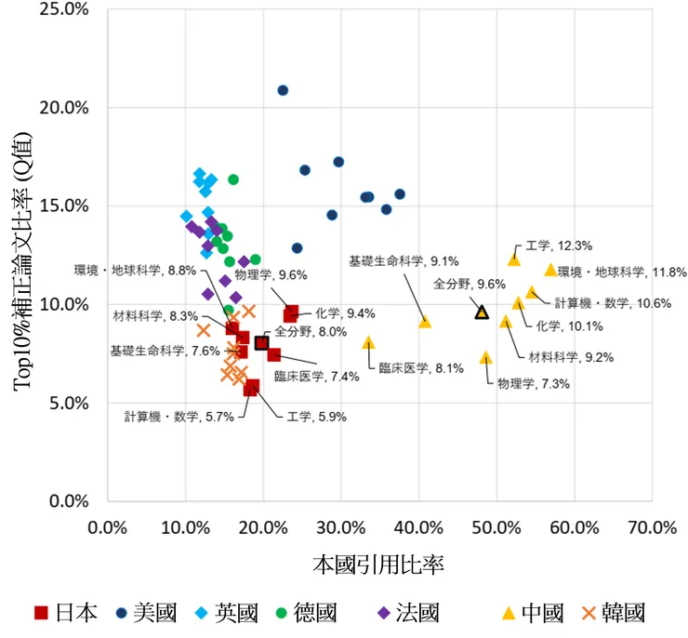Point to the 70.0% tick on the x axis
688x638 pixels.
tap(652, 527)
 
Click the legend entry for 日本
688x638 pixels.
tap(65, 613)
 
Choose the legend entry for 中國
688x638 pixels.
tap(533, 613)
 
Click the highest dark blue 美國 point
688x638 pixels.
tap(283, 90)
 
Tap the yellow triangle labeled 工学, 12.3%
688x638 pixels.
tap(514, 259)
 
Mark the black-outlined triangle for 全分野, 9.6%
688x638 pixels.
tap(482, 312)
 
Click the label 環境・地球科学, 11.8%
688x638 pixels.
tap(622, 272)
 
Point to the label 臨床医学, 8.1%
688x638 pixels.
tap(421, 367)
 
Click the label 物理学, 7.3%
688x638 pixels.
tap(533, 383)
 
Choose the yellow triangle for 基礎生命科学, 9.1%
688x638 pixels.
tap(425, 322)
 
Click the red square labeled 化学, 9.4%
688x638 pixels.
tap(291, 314)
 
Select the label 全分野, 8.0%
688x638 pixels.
tap(298, 331)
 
